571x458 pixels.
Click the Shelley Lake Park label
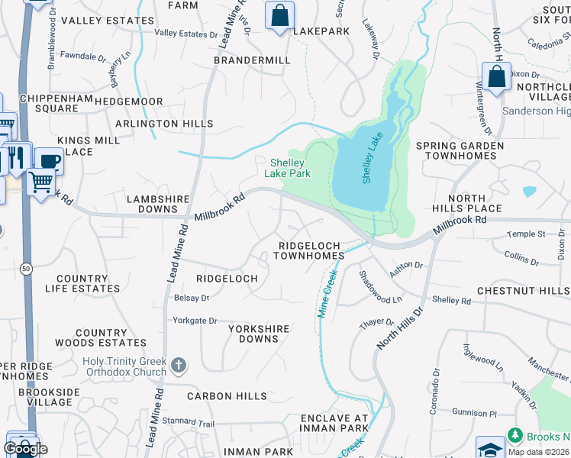(287, 168)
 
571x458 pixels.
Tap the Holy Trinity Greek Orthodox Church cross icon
(179, 366)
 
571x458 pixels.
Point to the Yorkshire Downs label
(259, 334)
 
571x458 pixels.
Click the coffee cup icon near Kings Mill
(49, 161)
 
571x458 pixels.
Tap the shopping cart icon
(40, 182)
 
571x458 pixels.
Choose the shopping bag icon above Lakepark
(279, 15)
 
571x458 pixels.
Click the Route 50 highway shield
(26, 269)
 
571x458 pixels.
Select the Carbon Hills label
(227, 396)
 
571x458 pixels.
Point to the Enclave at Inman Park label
(334, 424)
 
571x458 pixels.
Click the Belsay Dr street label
(192, 298)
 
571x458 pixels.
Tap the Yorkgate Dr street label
(195, 321)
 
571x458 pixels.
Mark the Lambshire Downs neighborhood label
(157, 204)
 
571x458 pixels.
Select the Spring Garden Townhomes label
(460, 150)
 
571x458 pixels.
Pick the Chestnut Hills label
(523, 291)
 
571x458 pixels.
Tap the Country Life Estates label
(88, 283)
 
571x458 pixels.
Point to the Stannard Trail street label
(189, 421)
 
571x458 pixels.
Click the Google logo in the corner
(26, 450)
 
